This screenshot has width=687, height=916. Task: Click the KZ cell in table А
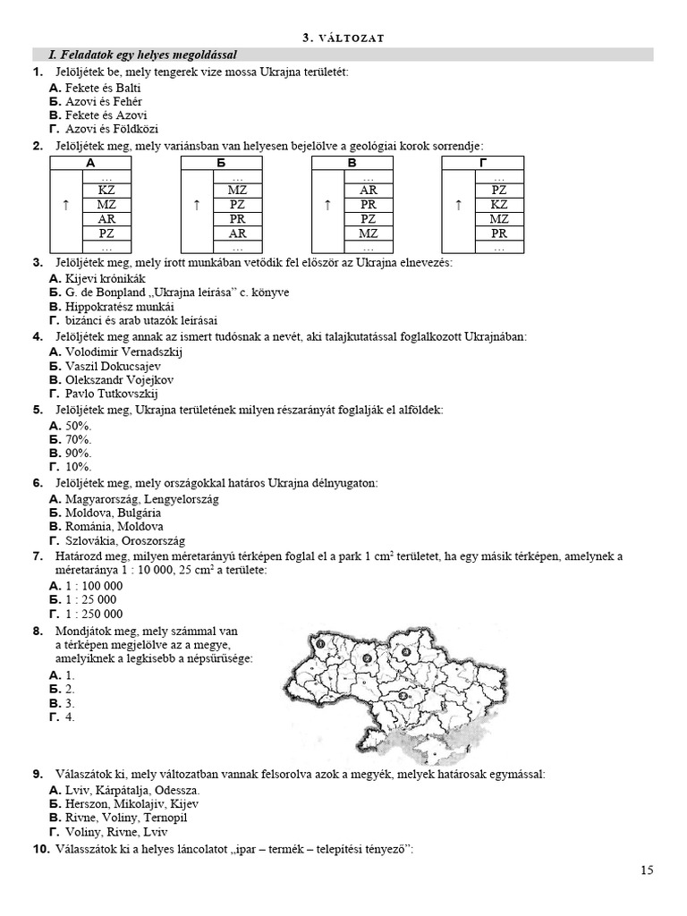106,190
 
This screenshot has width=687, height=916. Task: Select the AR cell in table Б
237,233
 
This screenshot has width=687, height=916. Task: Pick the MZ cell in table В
369,233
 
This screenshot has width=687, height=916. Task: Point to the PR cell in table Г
499,233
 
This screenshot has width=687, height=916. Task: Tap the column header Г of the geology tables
483,163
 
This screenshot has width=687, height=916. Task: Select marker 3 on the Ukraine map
403,695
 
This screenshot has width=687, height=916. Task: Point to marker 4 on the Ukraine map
405,652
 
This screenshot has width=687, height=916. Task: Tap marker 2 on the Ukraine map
367,658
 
